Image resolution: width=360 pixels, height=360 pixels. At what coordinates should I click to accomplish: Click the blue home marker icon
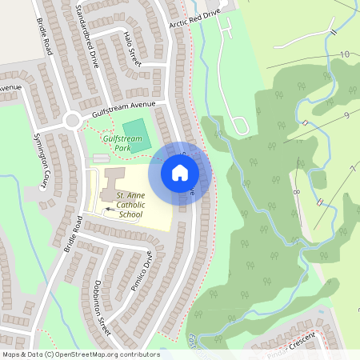pyautogui.click(x=180, y=172)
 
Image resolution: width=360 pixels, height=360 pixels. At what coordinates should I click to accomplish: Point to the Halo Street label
pyautogui.click(x=132, y=49)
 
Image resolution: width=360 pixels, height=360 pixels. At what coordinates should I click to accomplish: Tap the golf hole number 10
pyautogui.click(x=345, y=54)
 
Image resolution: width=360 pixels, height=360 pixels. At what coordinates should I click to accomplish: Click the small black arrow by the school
pyautogui.click(x=108, y=210)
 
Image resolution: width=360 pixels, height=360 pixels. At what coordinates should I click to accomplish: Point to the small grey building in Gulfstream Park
pyautogui.click(x=99, y=159)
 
